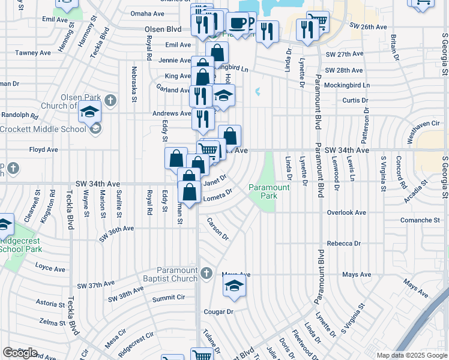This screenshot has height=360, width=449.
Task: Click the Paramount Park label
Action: (x=270, y=192)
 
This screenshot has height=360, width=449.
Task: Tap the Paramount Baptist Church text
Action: (x=177, y=274)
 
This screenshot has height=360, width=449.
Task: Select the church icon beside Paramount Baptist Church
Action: (x=206, y=274)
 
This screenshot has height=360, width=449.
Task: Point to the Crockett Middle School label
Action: (x=44, y=129)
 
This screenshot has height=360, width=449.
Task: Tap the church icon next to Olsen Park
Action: (x=110, y=100)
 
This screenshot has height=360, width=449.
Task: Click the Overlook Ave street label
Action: (x=346, y=212)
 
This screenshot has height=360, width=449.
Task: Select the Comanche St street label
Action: (x=420, y=221)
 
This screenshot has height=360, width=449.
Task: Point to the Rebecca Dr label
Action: (x=343, y=244)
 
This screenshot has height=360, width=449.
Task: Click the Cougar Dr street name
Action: (x=217, y=312)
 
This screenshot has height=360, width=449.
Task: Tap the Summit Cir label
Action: (x=169, y=298)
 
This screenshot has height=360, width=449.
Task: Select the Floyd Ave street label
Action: (x=43, y=149)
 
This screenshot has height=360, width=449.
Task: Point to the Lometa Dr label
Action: (x=218, y=195)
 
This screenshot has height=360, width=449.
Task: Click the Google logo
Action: (x=20, y=353)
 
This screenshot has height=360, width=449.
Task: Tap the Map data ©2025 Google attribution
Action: (x=412, y=355)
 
